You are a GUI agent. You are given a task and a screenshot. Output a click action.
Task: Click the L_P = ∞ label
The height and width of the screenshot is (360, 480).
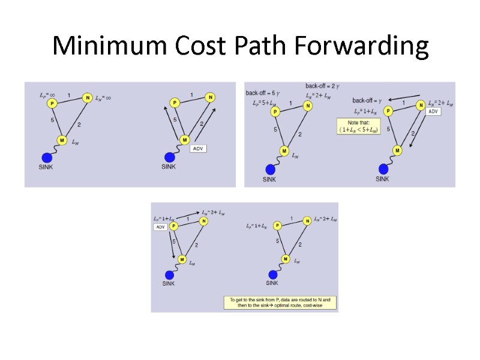tap(47, 95)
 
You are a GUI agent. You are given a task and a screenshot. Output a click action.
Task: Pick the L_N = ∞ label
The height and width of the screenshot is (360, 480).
tap(104, 98)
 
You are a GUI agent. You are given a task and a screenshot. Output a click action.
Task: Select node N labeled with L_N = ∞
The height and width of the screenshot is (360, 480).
tap(87, 98)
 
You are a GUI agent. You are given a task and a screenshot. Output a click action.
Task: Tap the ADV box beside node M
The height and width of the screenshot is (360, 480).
tap(198, 148)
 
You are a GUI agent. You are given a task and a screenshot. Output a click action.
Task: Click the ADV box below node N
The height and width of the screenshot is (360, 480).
tap(434, 112)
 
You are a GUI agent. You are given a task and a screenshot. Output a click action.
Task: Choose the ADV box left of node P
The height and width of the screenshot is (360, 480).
tap(160, 227)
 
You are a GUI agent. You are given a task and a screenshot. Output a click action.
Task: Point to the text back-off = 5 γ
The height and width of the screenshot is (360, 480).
tap(262, 92)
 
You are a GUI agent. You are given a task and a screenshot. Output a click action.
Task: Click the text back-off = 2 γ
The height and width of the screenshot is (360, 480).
tap(322, 86)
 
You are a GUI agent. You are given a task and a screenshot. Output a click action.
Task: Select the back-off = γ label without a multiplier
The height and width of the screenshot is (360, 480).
tap(367, 100)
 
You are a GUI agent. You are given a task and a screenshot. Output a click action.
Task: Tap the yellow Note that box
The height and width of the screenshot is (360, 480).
tap(359, 127)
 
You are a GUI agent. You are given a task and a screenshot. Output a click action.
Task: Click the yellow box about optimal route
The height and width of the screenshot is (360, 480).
tap(280, 302)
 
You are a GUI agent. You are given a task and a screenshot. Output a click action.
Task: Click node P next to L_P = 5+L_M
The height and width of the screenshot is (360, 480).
tap(275, 112)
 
